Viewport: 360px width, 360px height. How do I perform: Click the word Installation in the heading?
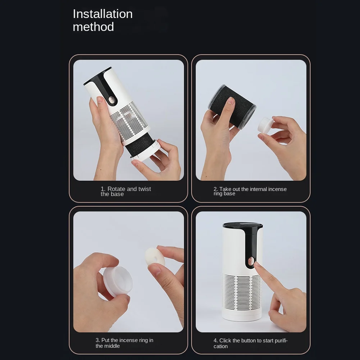[x=102, y=14]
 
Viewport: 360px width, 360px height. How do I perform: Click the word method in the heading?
[x=93, y=27]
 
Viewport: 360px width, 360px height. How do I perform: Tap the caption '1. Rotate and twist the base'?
[x=126, y=191]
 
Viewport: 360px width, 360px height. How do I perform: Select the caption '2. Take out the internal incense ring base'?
[x=250, y=191]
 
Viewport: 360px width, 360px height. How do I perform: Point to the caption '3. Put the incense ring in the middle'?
[x=124, y=343]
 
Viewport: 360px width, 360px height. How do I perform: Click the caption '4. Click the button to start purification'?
[x=250, y=343]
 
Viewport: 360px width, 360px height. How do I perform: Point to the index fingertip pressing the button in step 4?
[x=257, y=265]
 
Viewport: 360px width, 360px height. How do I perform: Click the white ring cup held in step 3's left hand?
[x=117, y=281]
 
